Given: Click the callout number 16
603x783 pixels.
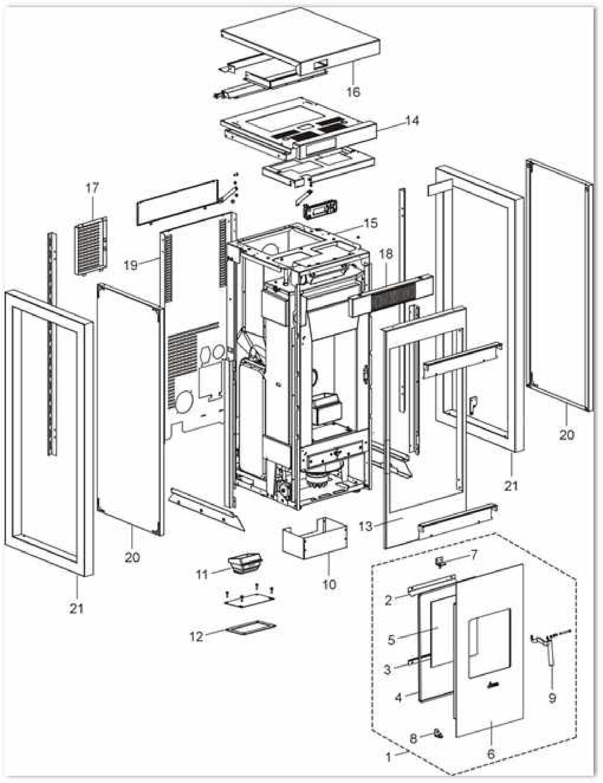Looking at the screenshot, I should (353, 92).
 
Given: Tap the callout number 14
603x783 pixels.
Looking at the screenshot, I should (412, 121).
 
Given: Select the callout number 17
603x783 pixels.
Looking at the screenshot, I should (92, 188).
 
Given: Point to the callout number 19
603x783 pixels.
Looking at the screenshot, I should (131, 265).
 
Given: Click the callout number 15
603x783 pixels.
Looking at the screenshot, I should (371, 223).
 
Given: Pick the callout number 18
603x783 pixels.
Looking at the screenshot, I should (385, 254).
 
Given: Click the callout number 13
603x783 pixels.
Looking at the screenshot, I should (366, 526).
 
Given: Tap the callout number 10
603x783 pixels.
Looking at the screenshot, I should (329, 584).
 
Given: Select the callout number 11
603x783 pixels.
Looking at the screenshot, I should (202, 574).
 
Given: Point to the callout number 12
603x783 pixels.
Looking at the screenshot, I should (197, 636).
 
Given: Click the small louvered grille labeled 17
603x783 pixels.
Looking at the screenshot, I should (91, 246).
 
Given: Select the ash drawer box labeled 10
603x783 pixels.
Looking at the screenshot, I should (314, 539).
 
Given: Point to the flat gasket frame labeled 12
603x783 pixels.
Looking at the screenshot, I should (251, 629).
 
